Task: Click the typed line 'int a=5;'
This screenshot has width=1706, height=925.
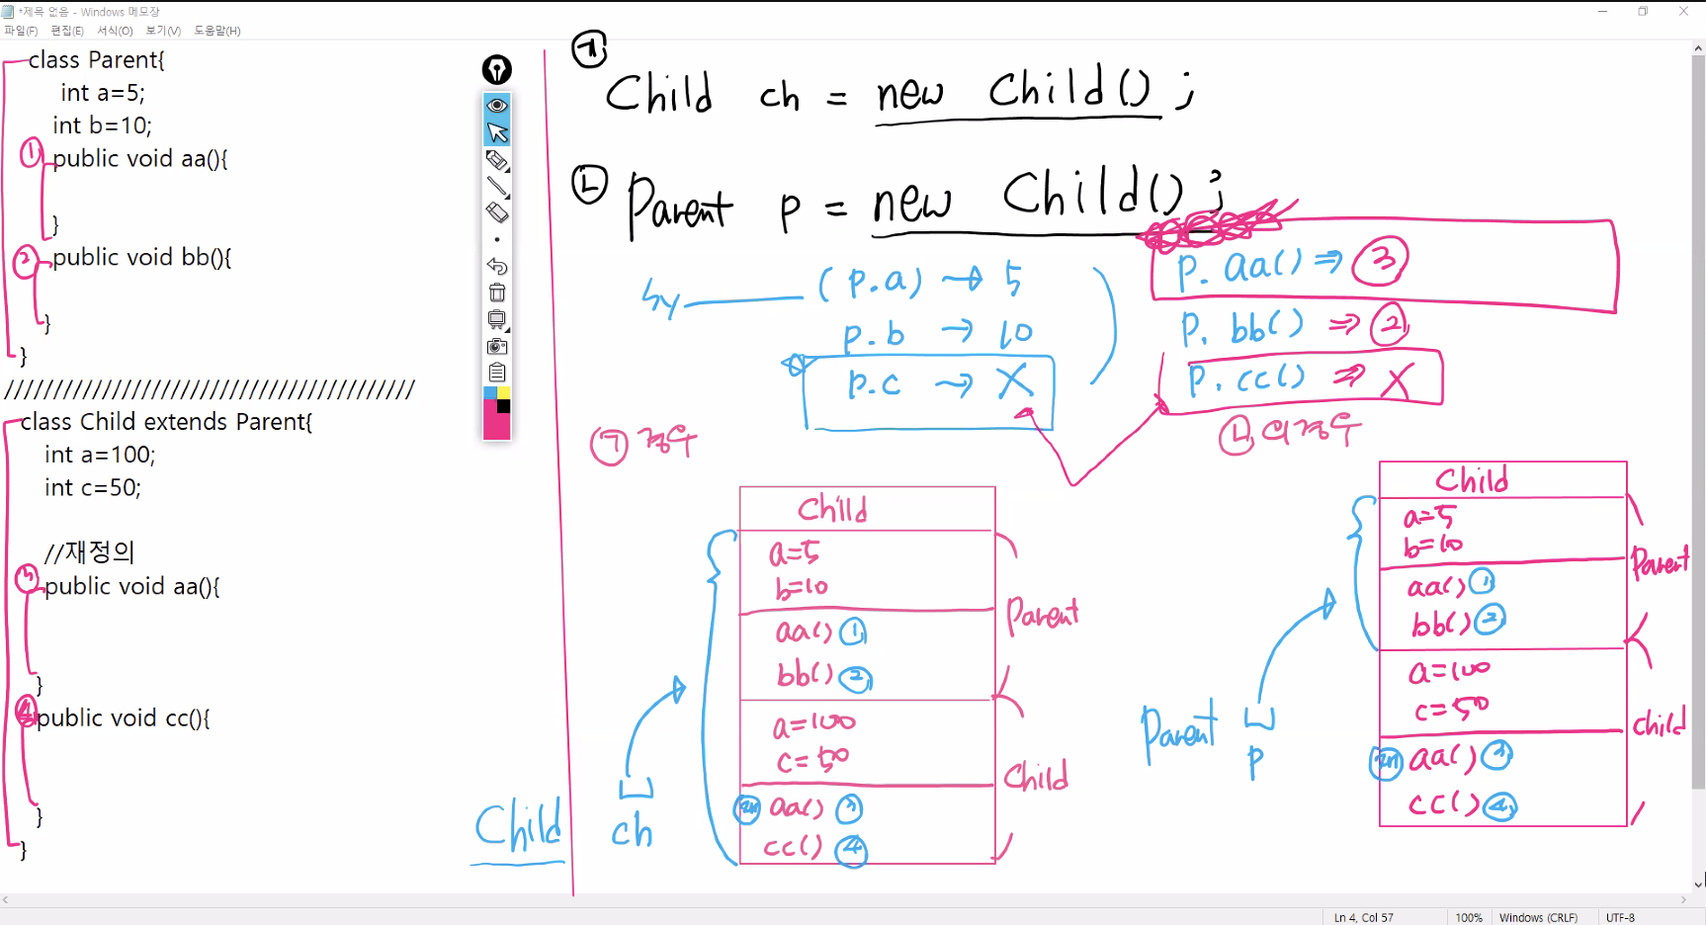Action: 103,93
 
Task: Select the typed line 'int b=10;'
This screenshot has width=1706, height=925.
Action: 102,126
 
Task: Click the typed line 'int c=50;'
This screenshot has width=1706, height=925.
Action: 93,487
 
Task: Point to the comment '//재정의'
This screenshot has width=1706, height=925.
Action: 89,551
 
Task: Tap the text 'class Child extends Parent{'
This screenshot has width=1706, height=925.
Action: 166,422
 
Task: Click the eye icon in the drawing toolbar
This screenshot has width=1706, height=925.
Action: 497,105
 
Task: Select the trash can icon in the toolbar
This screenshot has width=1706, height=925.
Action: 497,293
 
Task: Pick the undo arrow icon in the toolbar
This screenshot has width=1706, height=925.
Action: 497,266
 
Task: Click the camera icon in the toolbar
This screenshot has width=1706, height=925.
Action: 497,346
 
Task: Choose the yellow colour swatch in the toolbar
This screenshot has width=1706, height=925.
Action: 504,392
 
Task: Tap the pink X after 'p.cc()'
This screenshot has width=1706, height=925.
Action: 1397,379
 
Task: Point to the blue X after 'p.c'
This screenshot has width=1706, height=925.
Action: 1014,380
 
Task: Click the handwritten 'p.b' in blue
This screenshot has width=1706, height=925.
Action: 874,335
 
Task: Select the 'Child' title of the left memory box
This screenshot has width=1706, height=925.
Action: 832,509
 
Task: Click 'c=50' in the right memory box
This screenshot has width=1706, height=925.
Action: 1451,709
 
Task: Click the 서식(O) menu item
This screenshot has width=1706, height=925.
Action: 115,31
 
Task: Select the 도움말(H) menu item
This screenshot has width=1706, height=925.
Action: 217,31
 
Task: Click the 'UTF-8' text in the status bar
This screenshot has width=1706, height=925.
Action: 1620,917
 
